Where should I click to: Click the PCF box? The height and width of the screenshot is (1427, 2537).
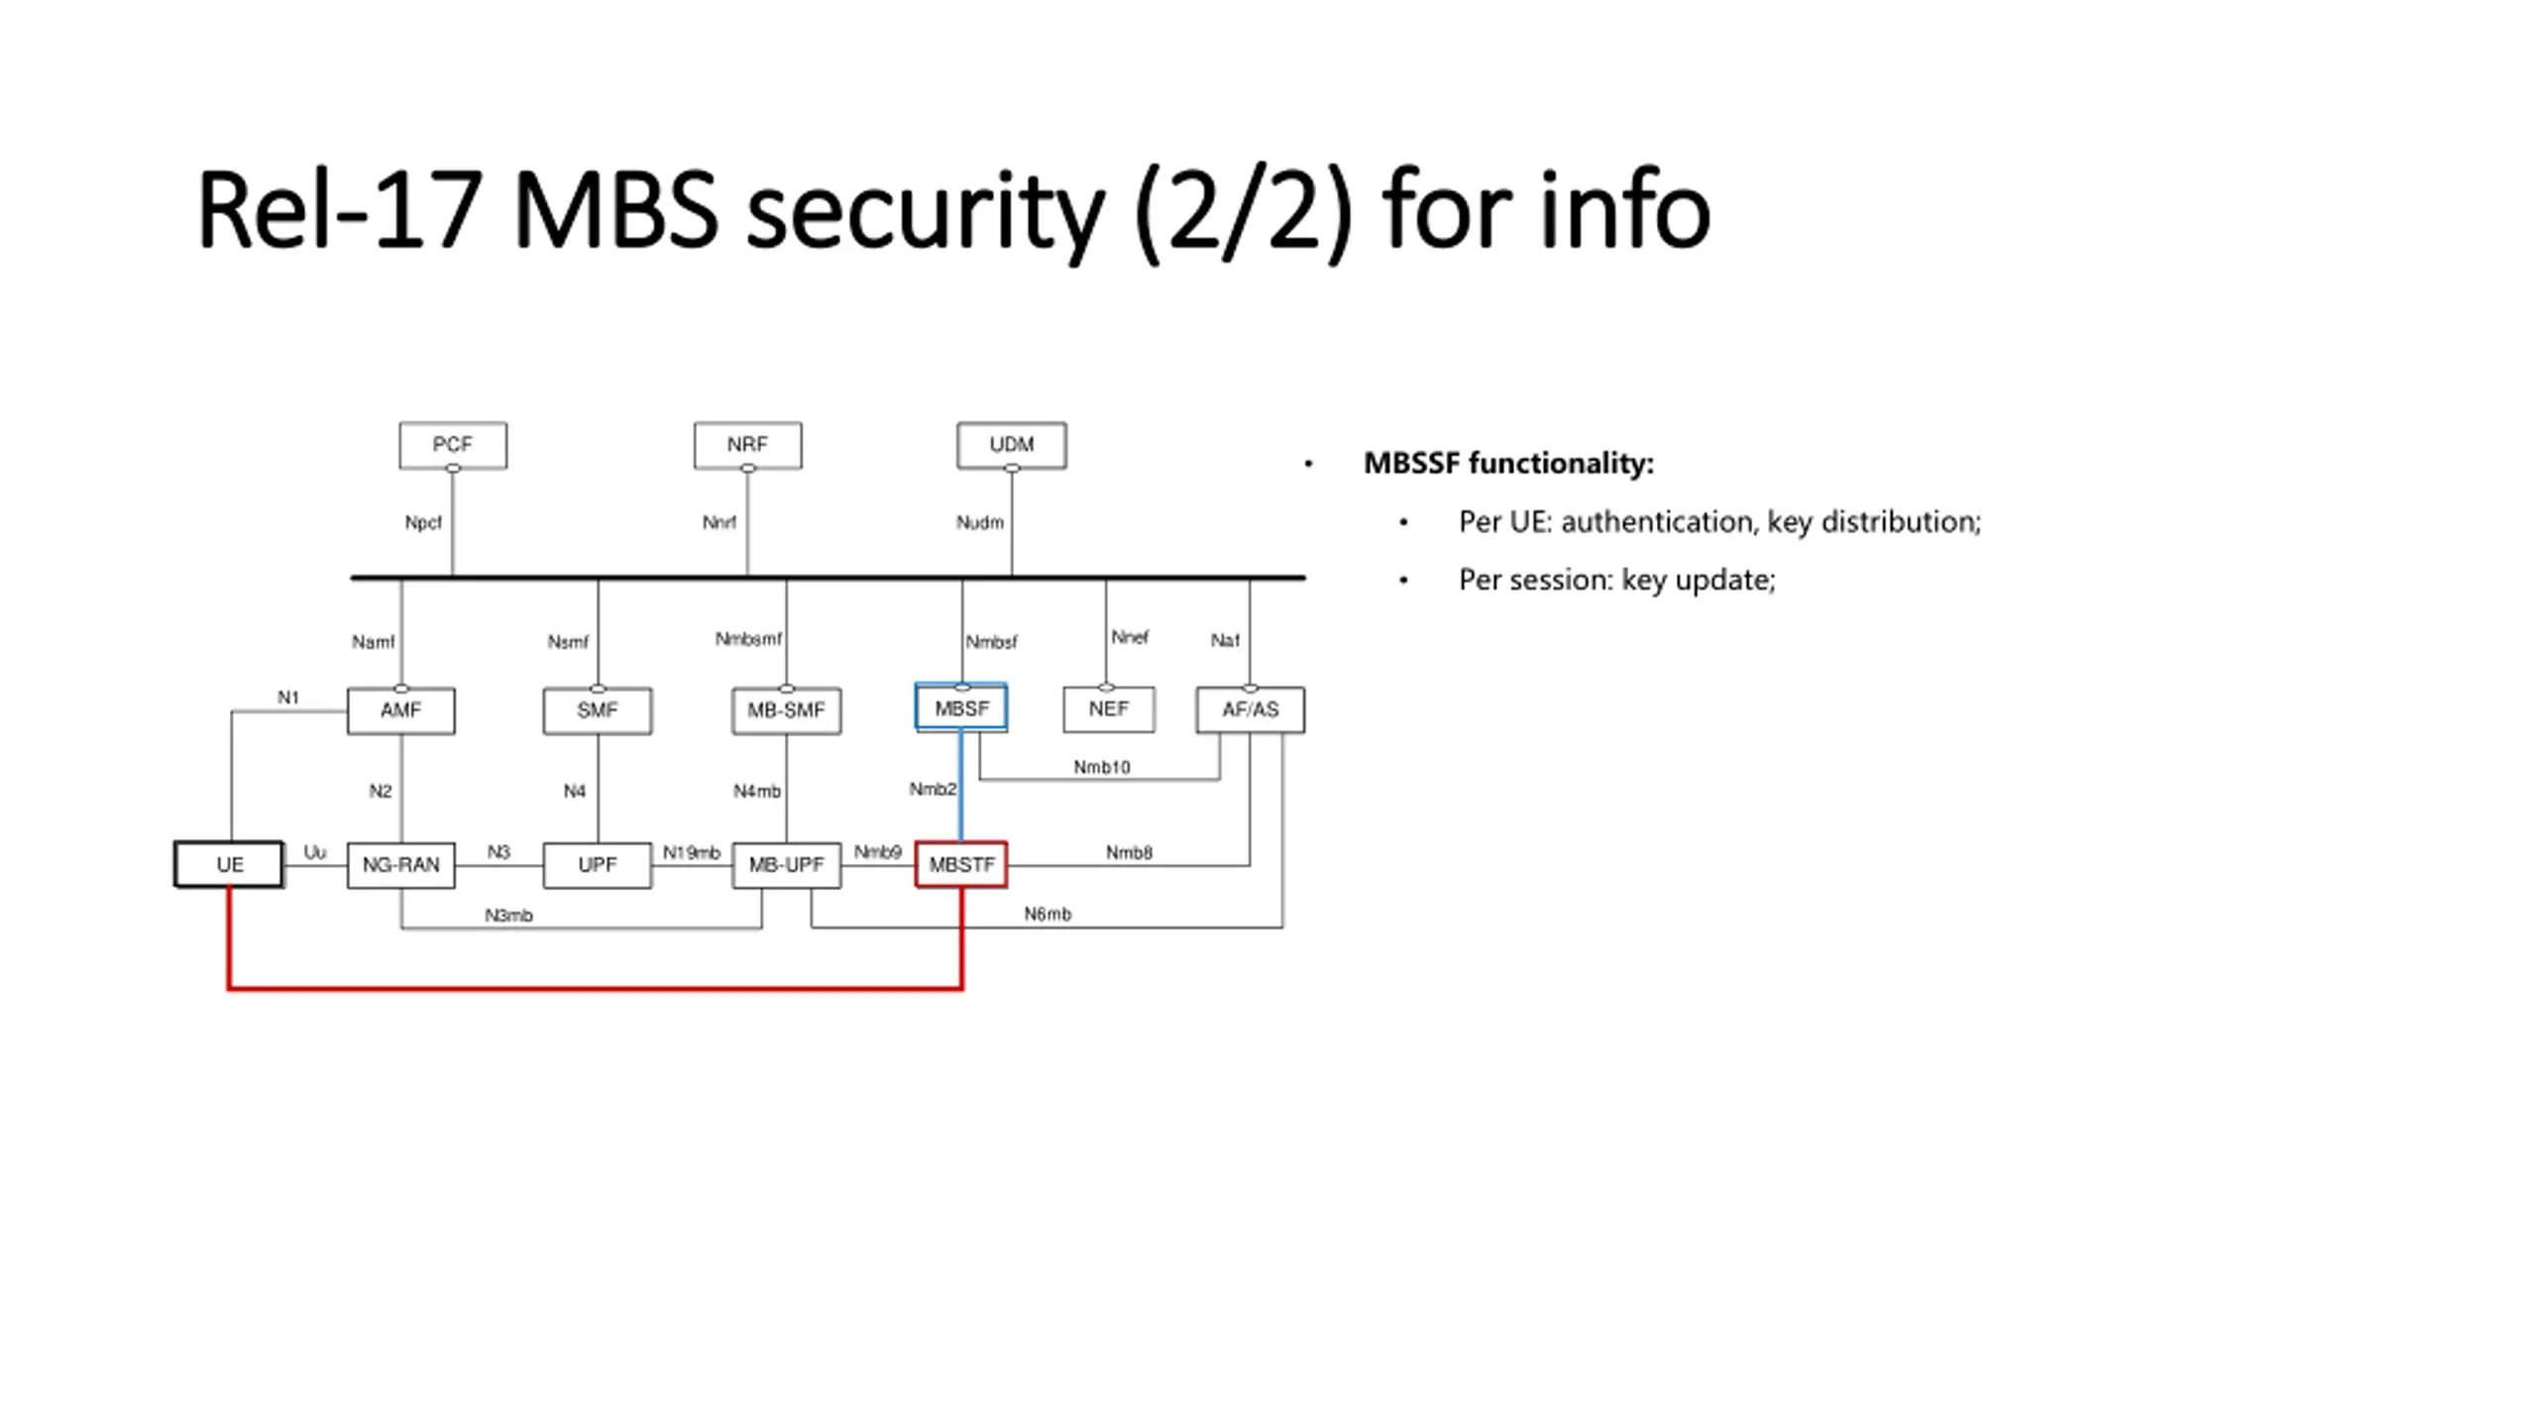[453, 445]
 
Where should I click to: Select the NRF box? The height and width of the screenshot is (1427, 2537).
[747, 445]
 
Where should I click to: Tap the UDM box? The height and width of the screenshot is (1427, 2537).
[1012, 445]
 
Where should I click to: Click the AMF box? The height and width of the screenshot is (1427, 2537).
[401, 711]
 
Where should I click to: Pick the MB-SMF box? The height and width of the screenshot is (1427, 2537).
[787, 711]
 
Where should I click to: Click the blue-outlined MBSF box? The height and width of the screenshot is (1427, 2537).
[961, 708]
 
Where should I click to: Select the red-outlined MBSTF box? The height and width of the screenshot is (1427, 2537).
[961, 865]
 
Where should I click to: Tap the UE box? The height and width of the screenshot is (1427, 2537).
[229, 865]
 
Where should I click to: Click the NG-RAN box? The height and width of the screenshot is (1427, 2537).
[401, 865]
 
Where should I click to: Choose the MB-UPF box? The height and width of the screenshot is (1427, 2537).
[787, 865]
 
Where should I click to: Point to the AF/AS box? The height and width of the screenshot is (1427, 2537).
[1251, 710]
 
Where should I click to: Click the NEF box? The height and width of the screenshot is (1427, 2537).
[1109, 709]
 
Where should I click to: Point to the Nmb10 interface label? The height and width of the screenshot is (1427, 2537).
[1102, 767]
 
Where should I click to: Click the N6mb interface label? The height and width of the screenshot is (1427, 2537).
[1048, 914]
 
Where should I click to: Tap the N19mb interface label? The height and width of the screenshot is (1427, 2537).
[692, 852]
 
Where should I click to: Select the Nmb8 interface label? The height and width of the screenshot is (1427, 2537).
[1129, 852]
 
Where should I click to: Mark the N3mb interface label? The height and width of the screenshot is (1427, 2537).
[508, 916]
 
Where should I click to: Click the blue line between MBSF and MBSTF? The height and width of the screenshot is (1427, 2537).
[960, 787]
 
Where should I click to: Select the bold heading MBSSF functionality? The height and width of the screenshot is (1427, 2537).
[1508, 464]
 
